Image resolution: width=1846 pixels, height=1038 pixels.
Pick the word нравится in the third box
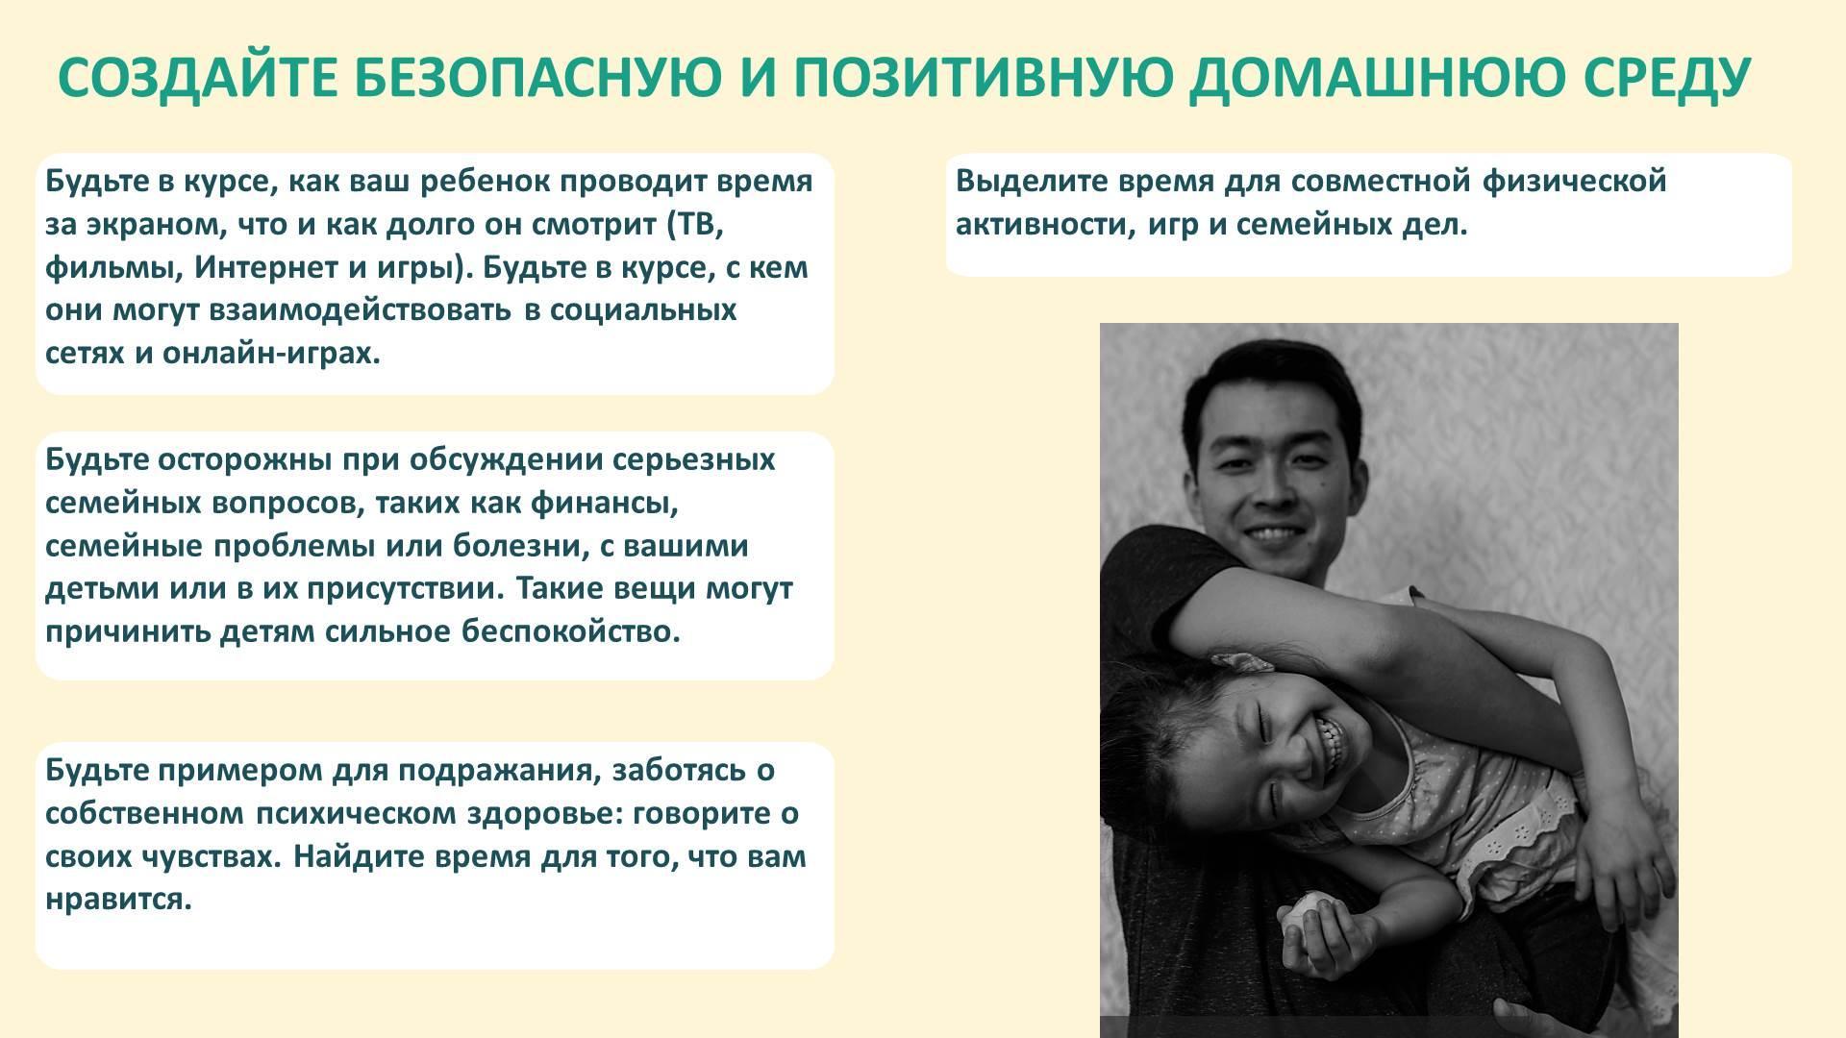119,900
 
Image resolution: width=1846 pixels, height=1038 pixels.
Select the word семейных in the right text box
1311,225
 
